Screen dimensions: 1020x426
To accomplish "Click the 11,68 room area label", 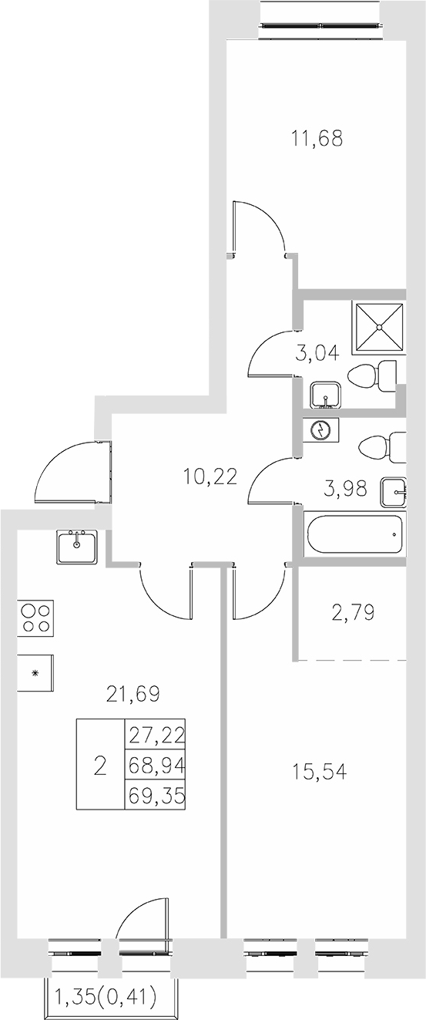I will (x=317, y=139).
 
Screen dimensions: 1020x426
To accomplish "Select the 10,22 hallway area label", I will (x=209, y=477).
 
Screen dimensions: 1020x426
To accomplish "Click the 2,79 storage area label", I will (x=352, y=614).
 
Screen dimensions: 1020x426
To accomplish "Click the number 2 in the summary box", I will (x=99, y=766).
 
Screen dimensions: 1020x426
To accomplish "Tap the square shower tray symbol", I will (x=378, y=326).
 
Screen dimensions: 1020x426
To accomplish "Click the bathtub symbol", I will (x=354, y=534).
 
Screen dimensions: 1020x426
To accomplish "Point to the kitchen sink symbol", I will (x=77, y=547).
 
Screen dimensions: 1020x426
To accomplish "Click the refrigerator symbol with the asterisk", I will (x=35, y=672).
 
